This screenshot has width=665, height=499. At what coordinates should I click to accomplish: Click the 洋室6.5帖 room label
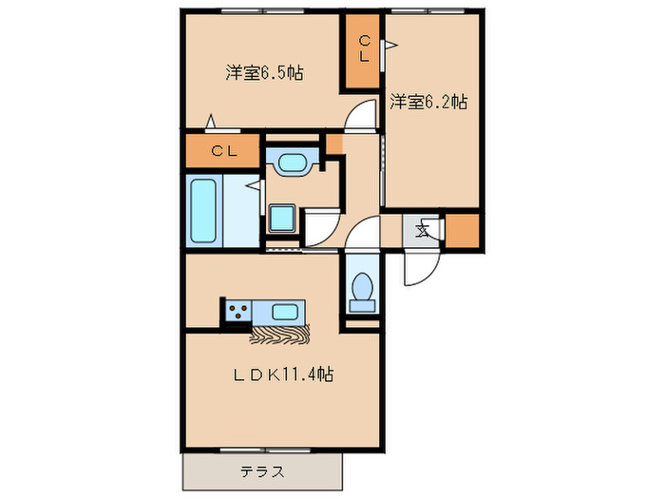click(264, 72)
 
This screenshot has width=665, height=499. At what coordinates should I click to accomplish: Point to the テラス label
click(262, 470)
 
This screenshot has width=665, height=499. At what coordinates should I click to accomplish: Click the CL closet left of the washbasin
click(223, 150)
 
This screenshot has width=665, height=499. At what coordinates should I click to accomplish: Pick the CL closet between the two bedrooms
click(363, 50)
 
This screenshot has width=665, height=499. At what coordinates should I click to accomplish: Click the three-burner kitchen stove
click(237, 311)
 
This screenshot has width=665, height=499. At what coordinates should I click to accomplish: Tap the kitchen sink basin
click(286, 311)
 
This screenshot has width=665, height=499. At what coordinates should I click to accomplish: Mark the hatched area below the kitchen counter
click(281, 334)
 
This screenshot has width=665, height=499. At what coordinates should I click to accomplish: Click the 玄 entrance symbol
click(424, 229)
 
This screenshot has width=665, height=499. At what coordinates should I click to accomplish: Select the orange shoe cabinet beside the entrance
click(463, 230)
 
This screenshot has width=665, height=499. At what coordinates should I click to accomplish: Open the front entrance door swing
click(418, 268)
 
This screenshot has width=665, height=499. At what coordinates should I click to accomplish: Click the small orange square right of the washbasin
click(332, 144)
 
